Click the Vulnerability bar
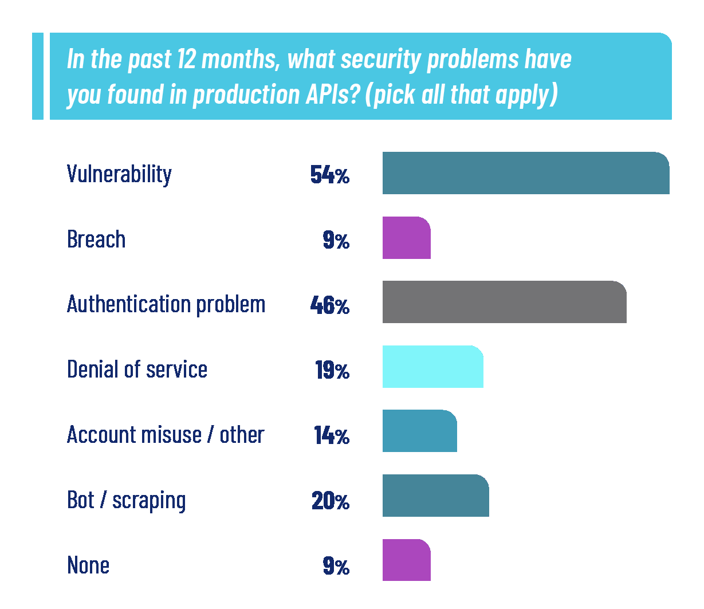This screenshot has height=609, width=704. coord(525,173)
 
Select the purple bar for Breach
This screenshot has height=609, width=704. coord(406,238)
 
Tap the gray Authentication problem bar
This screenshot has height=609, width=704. coord(504,302)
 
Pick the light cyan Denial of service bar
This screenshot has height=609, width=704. coord(432,367)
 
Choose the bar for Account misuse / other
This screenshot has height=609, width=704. coord(419,431)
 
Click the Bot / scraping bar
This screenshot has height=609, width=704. coord(435,496)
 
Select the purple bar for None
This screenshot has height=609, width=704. coord(406,560)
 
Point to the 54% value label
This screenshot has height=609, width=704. coord(329,175)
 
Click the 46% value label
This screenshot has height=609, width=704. coord(329,305)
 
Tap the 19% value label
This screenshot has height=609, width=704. coord(332,371)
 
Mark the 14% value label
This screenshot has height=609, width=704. coord(331,436)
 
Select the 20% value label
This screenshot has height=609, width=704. coord(330,501)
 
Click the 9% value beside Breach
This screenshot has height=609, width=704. coord(336,240)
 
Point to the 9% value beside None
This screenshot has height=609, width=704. coord(336,567)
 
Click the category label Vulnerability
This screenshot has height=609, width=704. coord(119,174)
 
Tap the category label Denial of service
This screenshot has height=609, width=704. coord(137,370)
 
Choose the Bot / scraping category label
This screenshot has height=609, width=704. coord(126,500)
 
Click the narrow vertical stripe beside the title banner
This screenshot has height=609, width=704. coord(37,76)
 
